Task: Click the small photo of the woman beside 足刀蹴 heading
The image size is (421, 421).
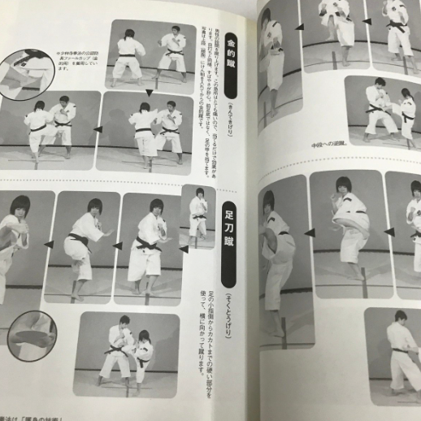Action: tap(197, 214)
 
